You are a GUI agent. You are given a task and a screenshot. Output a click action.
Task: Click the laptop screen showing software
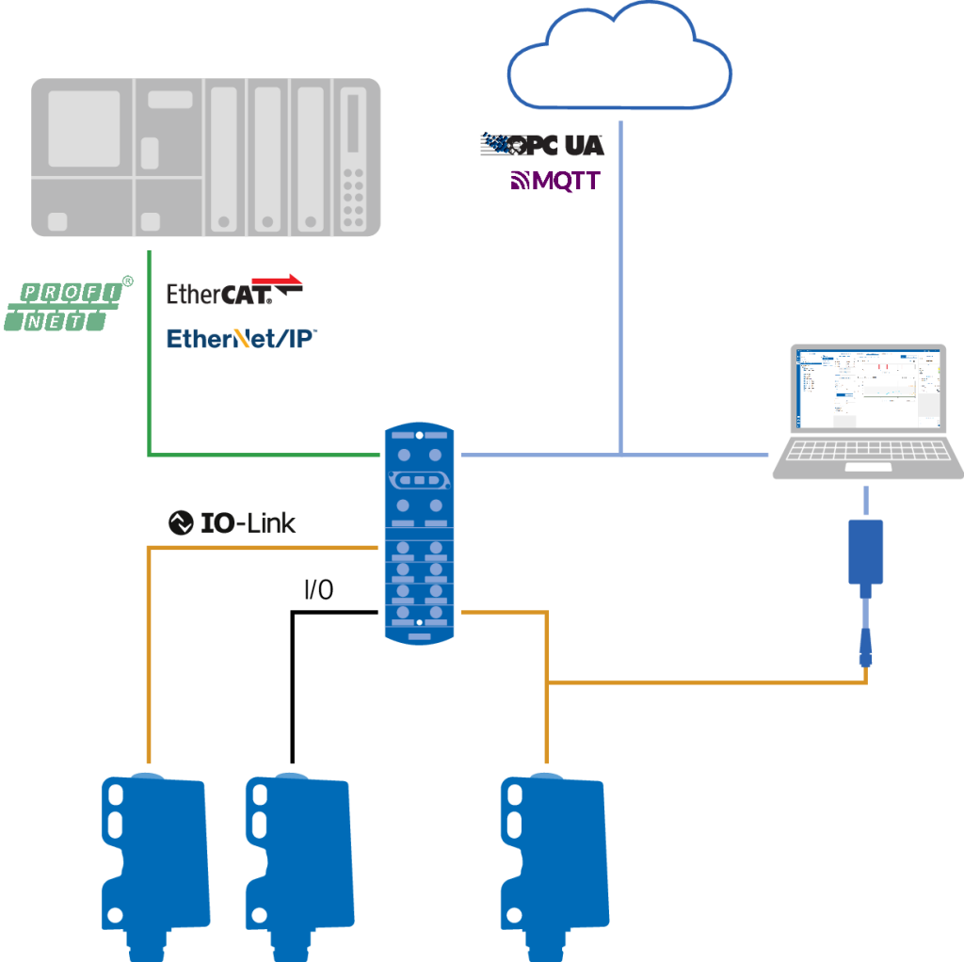click(868, 388)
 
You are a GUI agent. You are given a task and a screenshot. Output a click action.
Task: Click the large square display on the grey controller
click(84, 129)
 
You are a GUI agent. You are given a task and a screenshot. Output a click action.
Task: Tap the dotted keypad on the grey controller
click(353, 199)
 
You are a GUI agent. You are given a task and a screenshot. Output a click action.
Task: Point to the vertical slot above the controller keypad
click(353, 123)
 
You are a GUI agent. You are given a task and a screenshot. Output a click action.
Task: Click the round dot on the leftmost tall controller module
click(223, 222)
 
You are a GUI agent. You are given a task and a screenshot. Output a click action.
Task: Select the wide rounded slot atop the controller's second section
click(170, 99)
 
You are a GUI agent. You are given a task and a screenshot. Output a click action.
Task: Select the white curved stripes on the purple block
click(522, 191)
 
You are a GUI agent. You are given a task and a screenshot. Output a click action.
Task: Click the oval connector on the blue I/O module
click(420, 481)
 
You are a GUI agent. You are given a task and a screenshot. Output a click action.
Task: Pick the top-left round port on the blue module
click(403, 455)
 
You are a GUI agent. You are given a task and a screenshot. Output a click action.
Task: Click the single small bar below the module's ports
click(420, 637)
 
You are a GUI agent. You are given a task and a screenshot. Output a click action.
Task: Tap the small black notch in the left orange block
click(316, 591)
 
